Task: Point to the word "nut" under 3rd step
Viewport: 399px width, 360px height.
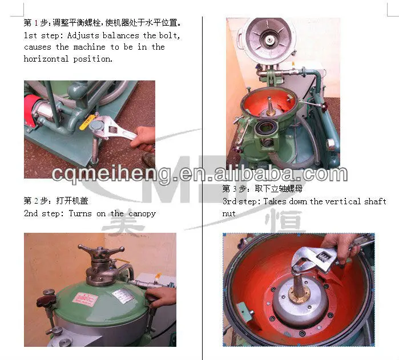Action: pos(229,213)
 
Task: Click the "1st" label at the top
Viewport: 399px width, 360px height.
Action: pos(31,35)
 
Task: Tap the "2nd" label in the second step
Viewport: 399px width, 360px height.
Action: pos(31,213)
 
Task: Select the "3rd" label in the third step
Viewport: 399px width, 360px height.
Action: pos(230,201)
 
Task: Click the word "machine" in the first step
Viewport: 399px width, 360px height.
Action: pos(89,47)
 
